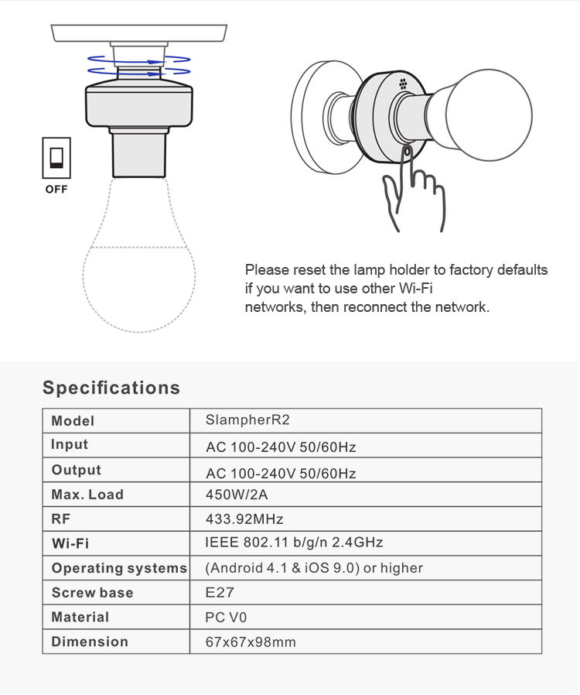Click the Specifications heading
tap(111, 388)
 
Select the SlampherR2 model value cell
tap(247, 420)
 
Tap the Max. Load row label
tap(87, 495)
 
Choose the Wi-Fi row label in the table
tap(70, 544)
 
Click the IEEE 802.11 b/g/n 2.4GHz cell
tap(294, 543)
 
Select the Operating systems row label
tap(119, 568)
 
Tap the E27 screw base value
tap(220, 593)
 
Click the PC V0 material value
tap(226, 618)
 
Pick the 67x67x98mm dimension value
tap(251, 642)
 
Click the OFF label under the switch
tap(56, 189)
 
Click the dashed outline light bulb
tap(139, 271)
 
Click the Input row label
tap(70, 445)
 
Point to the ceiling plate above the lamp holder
tap(139, 33)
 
